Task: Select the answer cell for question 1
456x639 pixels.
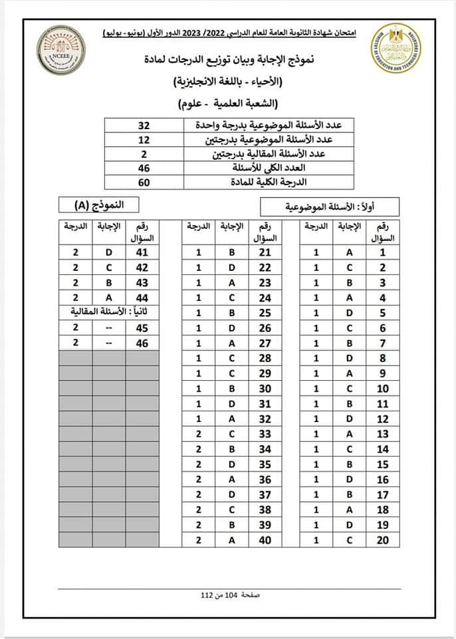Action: click(x=350, y=252)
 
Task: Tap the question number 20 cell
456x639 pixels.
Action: click(x=382, y=540)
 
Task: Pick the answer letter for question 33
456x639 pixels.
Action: click(x=231, y=434)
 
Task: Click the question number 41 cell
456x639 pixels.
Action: click(x=142, y=252)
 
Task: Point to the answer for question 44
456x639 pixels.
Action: click(x=110, y=298)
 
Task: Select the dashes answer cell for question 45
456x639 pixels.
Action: click(x=110, y=327)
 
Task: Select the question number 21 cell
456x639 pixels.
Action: click(x=265, y=252)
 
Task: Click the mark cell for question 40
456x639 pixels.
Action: click(x=198, y=540)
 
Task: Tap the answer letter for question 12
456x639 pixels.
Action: click(x=350, y=419)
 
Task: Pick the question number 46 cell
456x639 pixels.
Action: click(x=142, y=342)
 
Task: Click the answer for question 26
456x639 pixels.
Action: click(x=231, y=327)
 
